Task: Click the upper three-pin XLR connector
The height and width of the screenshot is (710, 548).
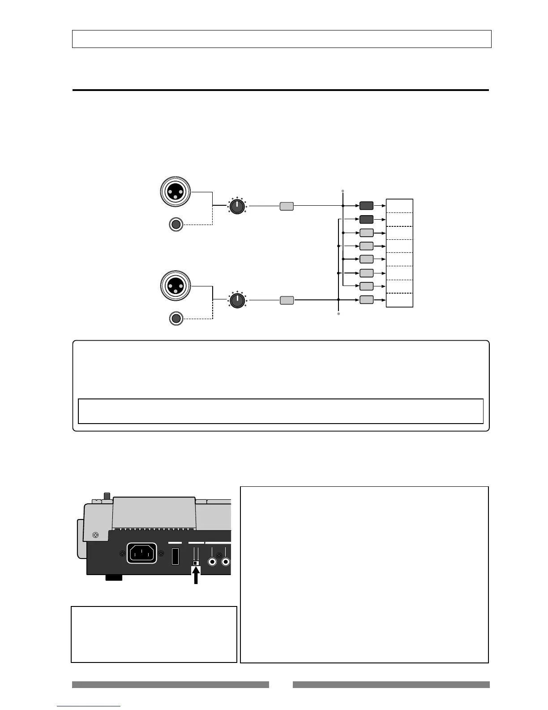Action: click(176, 191)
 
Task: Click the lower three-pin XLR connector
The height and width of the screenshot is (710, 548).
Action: click(176, 286)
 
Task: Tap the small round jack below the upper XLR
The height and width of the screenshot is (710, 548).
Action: click(176, 224)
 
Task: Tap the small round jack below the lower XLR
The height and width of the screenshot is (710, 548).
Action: click(176, 318)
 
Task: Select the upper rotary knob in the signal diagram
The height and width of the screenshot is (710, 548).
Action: click(237, 206)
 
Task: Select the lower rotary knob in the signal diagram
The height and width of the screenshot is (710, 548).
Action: click(237, 300)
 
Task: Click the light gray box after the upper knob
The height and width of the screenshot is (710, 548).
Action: click(287, 206)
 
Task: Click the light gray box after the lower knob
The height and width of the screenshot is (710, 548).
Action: click(287, 300)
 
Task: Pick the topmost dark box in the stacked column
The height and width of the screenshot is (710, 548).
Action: click(366, 206)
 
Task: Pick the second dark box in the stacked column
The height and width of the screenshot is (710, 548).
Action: click(366, 220)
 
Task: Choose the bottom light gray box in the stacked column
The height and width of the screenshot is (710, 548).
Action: click(366, 300)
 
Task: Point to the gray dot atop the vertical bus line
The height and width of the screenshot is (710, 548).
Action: click(342, 191)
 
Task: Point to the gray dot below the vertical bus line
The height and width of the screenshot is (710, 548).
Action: click(338, 314)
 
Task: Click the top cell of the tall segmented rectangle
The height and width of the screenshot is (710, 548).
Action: click(399, 206)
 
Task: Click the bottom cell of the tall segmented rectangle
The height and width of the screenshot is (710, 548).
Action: click(399, 300)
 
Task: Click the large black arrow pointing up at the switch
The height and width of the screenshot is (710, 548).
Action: click(196, 576)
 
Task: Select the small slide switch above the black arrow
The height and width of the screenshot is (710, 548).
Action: click(195, 563)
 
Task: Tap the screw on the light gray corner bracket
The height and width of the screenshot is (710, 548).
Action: click(95, 535)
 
